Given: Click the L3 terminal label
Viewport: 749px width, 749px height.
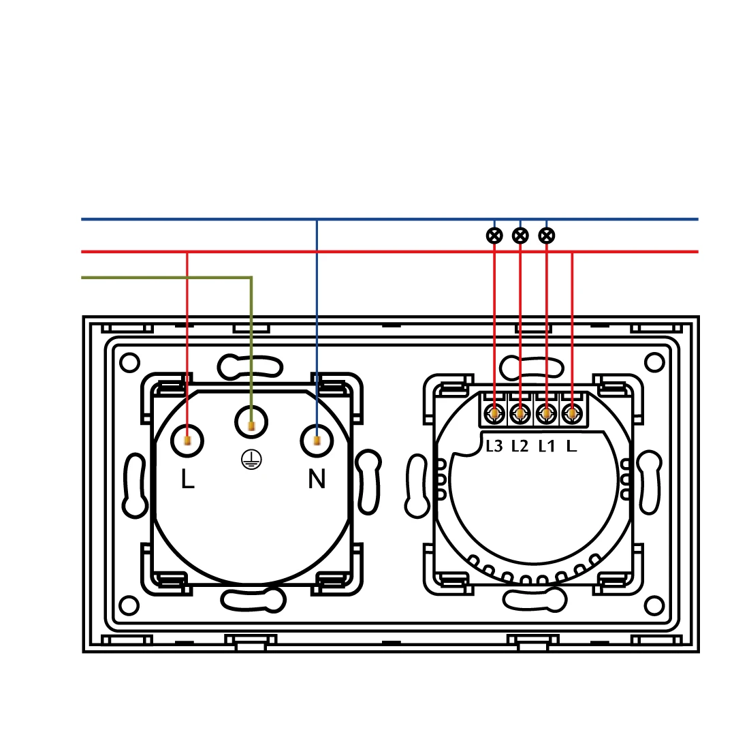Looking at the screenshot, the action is [494, 447].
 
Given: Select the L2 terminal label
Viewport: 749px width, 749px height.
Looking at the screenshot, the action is [520, 447].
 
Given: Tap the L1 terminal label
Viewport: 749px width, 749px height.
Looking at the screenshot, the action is [547, 447].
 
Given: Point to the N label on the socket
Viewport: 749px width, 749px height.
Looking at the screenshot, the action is [317, 479].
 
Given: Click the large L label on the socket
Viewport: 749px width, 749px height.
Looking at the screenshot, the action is [187, 479].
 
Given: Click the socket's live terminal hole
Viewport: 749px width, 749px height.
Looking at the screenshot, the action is [187, 441].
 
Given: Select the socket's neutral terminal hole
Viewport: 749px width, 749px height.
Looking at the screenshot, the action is [317, 441].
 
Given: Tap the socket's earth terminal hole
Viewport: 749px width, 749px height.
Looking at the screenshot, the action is [251, 423].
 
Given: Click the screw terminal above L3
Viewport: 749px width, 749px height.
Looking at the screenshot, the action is [494, 413].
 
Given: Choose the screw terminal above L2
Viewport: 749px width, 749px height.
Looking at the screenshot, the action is [520, 413].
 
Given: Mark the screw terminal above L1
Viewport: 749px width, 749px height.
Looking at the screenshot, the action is [546, 413].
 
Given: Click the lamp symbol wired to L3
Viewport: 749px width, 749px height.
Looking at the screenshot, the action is [494, 236].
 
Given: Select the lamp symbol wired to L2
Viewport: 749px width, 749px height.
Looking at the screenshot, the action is [520, 236].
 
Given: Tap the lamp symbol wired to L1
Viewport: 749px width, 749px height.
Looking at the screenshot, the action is [547, 236].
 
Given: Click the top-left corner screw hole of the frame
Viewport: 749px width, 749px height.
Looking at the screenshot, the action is [129, 362].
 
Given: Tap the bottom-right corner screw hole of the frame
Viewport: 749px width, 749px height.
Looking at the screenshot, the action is [654, 605].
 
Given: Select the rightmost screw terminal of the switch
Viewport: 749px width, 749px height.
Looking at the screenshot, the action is [573, 413].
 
